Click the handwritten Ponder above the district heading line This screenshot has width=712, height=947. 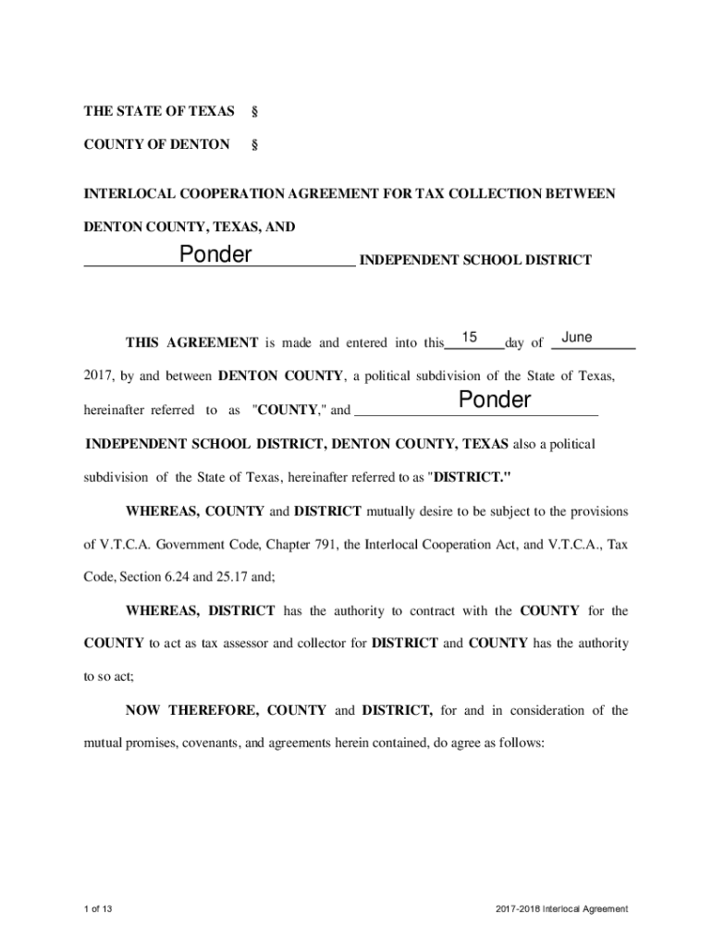tap(215, 253)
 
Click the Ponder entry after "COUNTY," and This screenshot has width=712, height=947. tap(495, 400)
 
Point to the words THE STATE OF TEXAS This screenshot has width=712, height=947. tap(159, 112)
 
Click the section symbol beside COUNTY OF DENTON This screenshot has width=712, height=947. tap(254, 144)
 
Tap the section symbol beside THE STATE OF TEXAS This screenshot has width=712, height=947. tap(254, 112)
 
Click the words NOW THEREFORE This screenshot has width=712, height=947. tap(192, 710)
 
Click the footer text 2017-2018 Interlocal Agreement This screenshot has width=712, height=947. tap(561, 909)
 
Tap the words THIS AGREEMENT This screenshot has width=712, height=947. tap(191, 343)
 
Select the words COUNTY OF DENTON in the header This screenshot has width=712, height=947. tap(157, 144)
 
